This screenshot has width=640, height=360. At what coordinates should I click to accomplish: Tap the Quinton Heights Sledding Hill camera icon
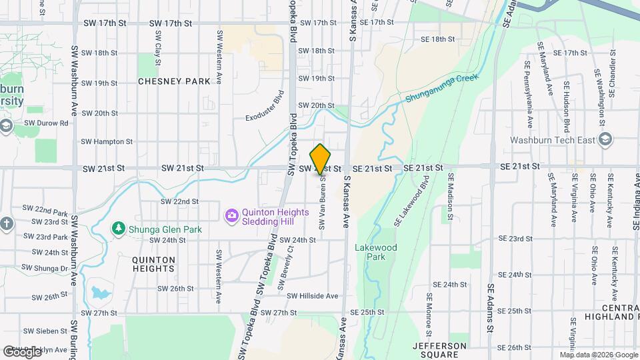(x=231, y=215)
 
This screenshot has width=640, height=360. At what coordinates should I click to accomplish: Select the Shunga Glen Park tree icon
(x=118, y=229)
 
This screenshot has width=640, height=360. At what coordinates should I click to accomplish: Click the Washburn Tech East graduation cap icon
(x=605, y=140)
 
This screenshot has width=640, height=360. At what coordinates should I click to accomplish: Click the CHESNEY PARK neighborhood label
(x=174, y=81)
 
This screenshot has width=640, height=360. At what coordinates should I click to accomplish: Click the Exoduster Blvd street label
(x=264, y=106)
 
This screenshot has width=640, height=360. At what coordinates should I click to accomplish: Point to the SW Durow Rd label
(x=46, y=123)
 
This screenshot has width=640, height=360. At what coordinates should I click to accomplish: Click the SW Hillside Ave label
(x=313, y=296)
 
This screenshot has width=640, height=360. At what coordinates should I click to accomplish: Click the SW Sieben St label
(x=47, y=331)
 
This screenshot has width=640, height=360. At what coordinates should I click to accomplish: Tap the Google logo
(x=23, y=351)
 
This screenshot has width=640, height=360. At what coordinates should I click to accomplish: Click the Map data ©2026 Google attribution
(x=598, y=355)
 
